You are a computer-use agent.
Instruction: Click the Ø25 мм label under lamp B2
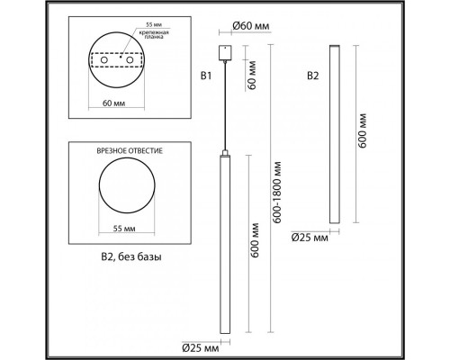[x=310, y=238]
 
